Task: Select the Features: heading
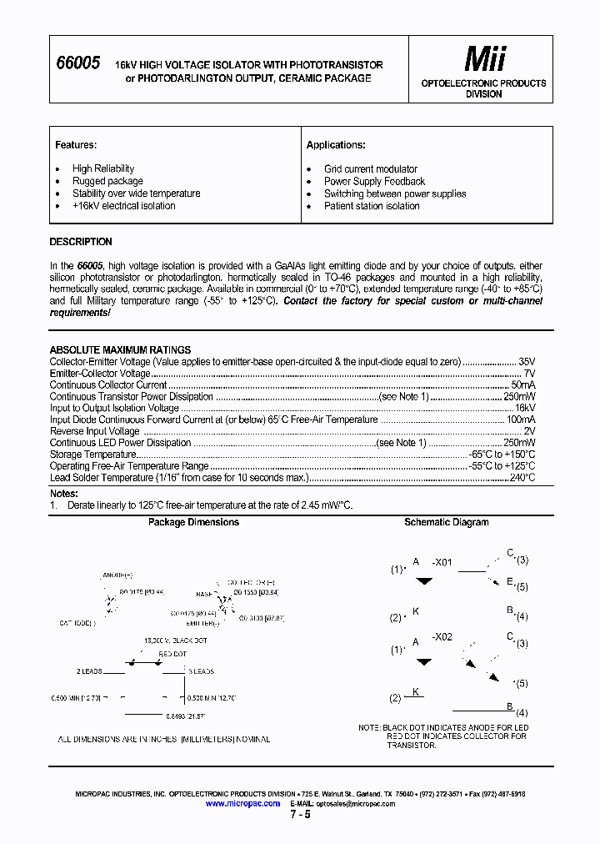click(x=76, y=145)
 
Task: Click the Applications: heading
click(x=336, y=145)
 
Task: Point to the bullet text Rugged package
click(x=107, y=181)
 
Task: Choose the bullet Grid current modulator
click(x=370, y=168)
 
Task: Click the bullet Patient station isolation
click(x=372, y=206)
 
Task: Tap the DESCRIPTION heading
click(x=81, y=242)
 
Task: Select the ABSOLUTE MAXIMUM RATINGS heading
click(x=120, y=350)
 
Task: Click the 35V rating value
click(x=527, y=362)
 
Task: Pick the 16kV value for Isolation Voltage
click(x=524, y=409)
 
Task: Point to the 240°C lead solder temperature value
click(x=522, y=478)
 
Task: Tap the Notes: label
click(x=63, y=494)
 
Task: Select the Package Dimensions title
click(x=193, y=522)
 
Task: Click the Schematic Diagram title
click(x=447, y=522)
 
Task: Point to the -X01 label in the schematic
click(x=442, y=562)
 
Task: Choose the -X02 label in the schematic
click(x=442, y=636)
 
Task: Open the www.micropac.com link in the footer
click(x=242, y=803)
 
